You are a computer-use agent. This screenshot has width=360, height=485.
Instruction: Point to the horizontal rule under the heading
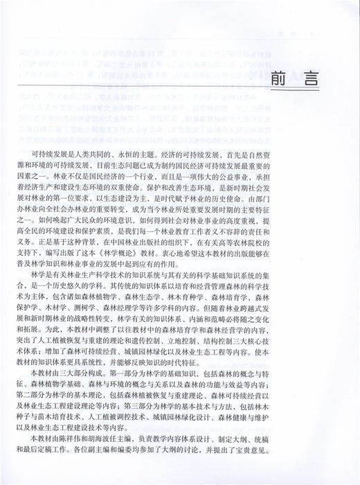tap(173, 88)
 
